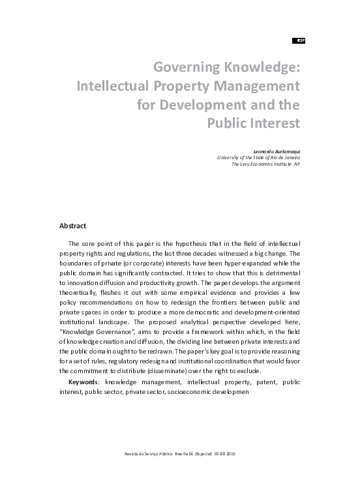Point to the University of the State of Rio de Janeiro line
258,157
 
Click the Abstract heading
73,226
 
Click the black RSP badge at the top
300,40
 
